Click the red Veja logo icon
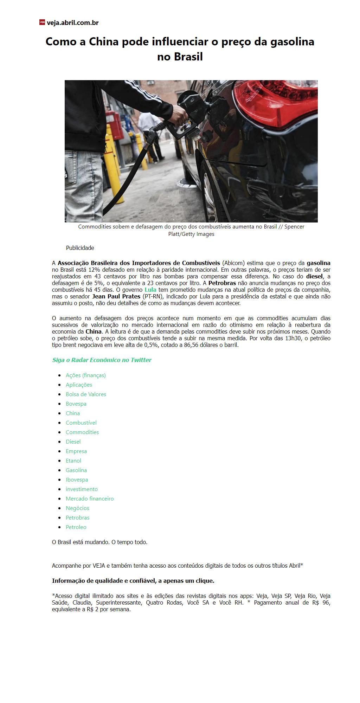pyautogui.click(x=42, y=22)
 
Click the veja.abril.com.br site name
pyautogui.click(x=73, y=23)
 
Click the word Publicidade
pyautogui.click(x=80, y=248)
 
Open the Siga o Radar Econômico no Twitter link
pyautogui.click(x=102, y=360)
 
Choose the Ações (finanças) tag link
pyautogui.click(x=86, y=375)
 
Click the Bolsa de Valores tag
pyautogui.click(x=86, y=394)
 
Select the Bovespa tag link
pyautogui.click(x=76, y=404)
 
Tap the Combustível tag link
pyautogui.click(x=81, y=423)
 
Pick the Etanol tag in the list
pyautogui.click(x=73, y=461)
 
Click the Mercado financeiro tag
pyautogui.click(x=90, y=499)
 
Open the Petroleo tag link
pyautogui.click(x=76, y=527)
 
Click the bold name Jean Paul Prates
pyautogui.click(x=116, y=296)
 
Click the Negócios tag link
pyautogui.click(x=77, y=508)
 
